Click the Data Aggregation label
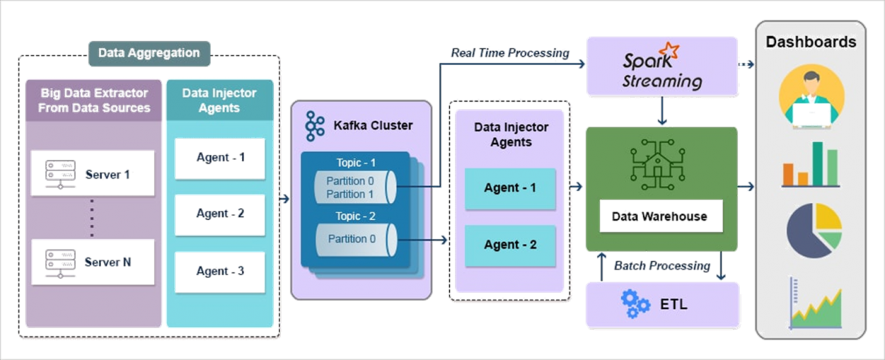(150, 53)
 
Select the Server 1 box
(92, 174)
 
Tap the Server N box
(92, 262)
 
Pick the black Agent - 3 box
(220, 271)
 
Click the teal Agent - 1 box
(510, 187)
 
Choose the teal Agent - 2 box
(510, 245)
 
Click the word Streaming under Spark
(662, 80)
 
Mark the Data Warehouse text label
(660, 217)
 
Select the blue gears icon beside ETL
(635, 303)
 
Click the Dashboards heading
(811, 42)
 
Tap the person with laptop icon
(811, 97)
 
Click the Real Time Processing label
(510, 53)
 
